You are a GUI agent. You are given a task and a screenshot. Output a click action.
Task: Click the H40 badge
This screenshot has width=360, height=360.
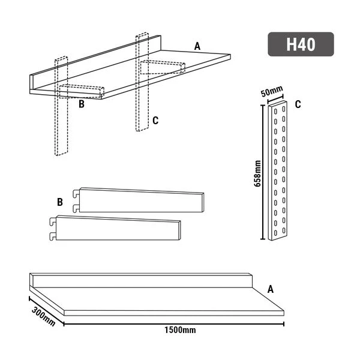click(x=301, y=44)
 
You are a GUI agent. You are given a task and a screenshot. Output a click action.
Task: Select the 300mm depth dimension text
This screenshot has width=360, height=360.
click(x=43, y=312)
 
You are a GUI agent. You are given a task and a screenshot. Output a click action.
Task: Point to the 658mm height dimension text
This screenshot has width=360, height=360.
click(x=257, y=173)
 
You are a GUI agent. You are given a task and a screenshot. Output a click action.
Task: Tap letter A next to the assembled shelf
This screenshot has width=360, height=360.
click(x=197, y=46)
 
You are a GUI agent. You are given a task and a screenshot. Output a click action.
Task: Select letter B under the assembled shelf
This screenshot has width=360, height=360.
click(x=81, y=104)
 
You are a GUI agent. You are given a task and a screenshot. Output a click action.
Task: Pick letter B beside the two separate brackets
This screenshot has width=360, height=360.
click(x=59, y=202)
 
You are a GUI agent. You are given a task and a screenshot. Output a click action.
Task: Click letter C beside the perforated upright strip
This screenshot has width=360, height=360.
click(x=298, y=104)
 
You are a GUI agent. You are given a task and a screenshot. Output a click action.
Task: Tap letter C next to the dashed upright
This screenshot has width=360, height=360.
click(x=155, y=121)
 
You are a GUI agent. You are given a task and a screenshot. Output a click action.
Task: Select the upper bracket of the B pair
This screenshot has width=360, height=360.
click(x=141, y=200)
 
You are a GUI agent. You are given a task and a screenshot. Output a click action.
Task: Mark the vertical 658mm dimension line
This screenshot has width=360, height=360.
click(x=262, y=173)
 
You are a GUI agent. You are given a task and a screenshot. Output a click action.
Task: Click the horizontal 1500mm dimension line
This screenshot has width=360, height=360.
click(x=174, y=325)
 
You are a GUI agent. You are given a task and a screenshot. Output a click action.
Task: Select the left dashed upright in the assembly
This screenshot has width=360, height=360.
click(x=61, y=126)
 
